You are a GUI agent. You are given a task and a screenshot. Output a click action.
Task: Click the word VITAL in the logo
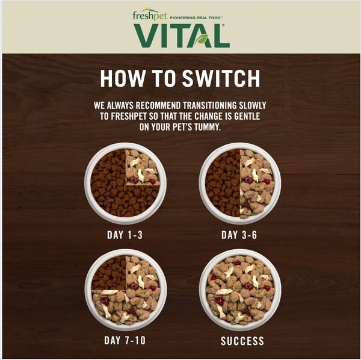(181, 36)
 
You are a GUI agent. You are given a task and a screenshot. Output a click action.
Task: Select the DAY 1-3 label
(125, 234)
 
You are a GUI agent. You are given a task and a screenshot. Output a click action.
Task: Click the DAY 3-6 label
(239, 234)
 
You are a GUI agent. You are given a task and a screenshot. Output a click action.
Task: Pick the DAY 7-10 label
(125, 341)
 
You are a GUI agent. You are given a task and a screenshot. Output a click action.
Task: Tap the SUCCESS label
(242, 341)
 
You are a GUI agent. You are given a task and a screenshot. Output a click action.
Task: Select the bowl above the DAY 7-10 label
(125, 290)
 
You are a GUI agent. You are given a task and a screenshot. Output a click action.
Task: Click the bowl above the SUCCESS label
(239, 290)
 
